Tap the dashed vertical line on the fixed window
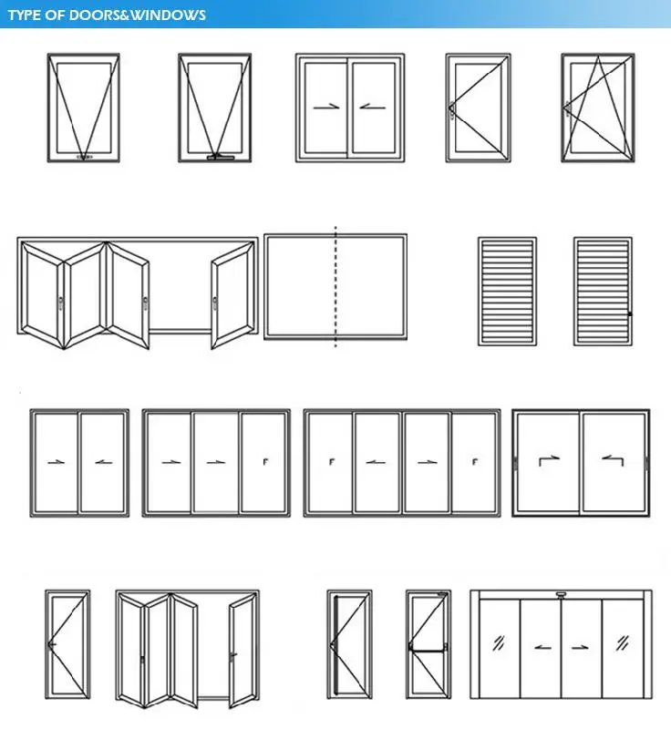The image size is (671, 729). click(x=335, y=287)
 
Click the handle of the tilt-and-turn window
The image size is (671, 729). click(x=566, y=108)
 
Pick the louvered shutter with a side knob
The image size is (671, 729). click(x=603, y=291)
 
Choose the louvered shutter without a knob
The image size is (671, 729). click(x=507, y=291)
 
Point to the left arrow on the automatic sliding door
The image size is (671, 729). click(x=542, y=648)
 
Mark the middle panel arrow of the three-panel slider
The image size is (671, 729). click(x=215, y=462)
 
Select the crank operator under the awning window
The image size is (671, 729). click(x=219, y=159)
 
